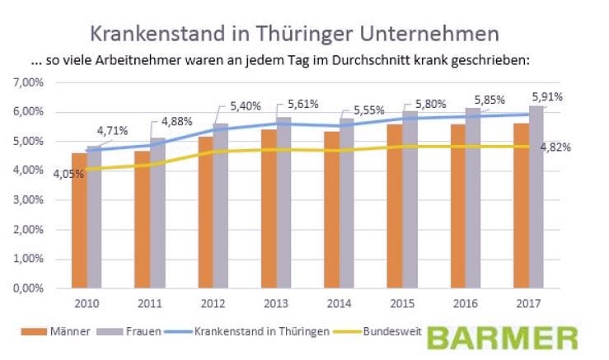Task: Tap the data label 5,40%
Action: click(221, 106)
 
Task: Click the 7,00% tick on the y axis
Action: click(27, 82)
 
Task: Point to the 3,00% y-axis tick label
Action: click(27, 200)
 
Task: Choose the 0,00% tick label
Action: click(27, 288)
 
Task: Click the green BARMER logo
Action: click(502, 339)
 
